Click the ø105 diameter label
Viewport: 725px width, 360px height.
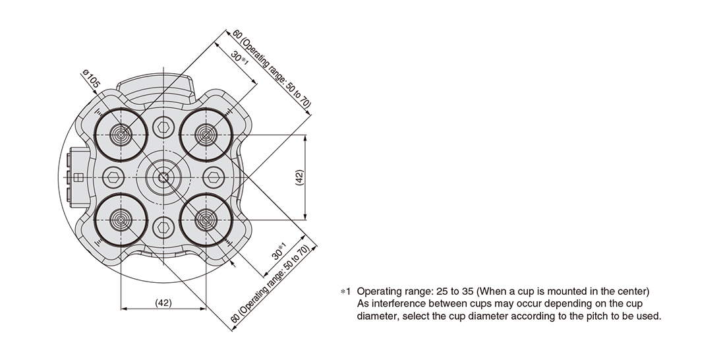91,79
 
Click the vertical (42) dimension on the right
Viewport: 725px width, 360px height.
299,177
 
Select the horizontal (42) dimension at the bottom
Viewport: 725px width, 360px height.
163,303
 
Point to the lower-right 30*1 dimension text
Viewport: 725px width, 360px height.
279,251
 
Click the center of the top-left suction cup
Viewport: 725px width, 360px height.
121,135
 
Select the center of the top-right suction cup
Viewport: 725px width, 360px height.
206,135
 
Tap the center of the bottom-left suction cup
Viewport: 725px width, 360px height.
121,220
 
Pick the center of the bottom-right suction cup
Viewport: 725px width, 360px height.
206,220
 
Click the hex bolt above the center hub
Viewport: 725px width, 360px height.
163,127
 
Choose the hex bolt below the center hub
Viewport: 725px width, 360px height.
163,227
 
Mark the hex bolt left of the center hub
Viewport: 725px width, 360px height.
113,177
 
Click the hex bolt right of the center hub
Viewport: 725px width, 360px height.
213,177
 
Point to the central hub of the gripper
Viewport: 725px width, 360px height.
163,177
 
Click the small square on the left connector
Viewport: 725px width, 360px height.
78,177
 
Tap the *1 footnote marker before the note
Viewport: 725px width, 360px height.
345,291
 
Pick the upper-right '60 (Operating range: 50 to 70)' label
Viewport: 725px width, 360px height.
272,69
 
